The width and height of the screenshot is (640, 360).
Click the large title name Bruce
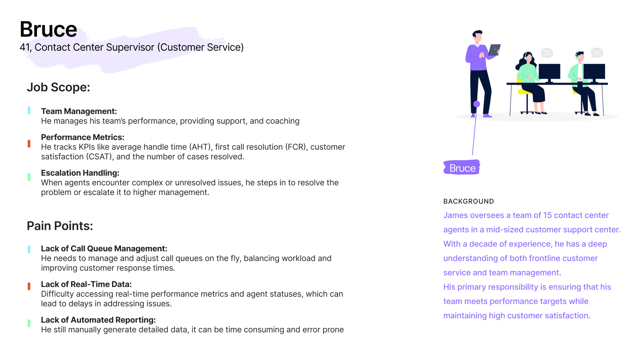point(48,29)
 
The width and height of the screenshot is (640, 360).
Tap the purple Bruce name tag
point(462,168)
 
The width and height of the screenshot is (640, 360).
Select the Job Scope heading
point(58,87)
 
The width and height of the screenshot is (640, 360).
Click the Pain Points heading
point(60,226)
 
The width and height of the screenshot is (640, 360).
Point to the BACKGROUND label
point(468,201)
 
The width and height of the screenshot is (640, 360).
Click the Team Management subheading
point(79,111)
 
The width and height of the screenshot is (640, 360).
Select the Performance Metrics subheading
point(82,137)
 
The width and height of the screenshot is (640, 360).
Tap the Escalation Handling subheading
point(80,173)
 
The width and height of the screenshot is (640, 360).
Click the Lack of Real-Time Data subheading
point(86,284)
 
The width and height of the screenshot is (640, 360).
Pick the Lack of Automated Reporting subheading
point(98,320)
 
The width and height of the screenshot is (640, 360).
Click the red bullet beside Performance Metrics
point(29,144)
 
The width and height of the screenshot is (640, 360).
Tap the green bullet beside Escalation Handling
point(29,177)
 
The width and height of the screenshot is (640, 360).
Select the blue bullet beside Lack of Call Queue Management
point(29,249)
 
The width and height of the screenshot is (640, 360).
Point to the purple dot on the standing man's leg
point(477,104)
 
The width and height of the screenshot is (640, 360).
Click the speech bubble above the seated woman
point(547,53)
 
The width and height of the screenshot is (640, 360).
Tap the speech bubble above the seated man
point(597,53)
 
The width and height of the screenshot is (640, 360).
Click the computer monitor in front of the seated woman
point(549,71)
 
